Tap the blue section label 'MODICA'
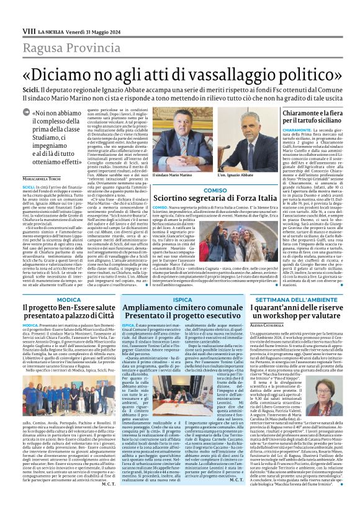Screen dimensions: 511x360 69,299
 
